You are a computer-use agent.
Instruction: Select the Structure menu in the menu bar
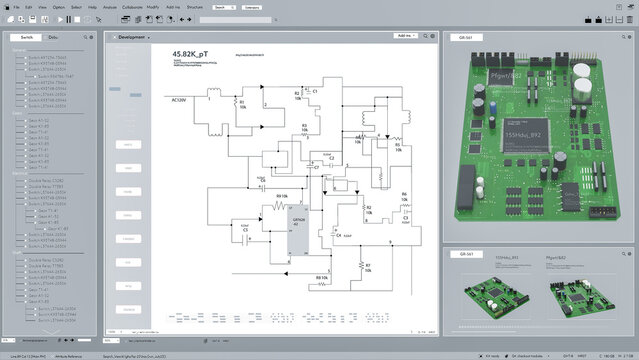point(195,6)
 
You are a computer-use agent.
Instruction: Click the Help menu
point(92,6)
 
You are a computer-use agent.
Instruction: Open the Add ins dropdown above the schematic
point(406,36)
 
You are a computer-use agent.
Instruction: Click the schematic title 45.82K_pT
point(191,53)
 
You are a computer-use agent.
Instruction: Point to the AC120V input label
point(180,100)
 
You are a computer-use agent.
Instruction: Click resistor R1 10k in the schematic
point(240,104)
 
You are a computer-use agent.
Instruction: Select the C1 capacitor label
point(314,91)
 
